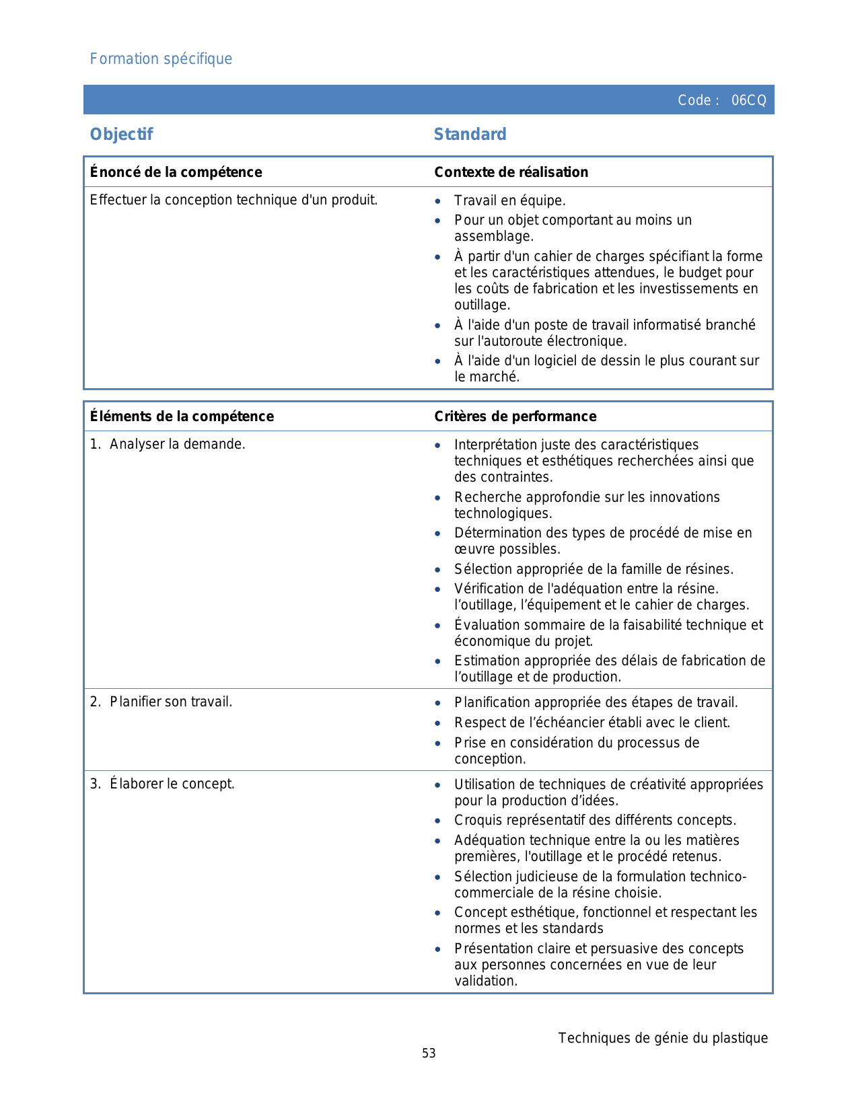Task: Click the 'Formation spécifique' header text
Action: [x=161, y=59]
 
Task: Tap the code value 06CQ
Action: [x=748, y=100]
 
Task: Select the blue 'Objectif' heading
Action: [x=121, y=135]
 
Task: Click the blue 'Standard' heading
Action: [x=470, y=135]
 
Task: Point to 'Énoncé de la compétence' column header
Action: [x=176, y=172]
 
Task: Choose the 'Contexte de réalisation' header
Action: [x=511, y=172]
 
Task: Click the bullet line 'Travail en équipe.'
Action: [x=509, y=200]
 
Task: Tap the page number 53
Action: [x=429, y=1053]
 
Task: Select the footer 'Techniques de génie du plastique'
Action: [x=663, y=1038]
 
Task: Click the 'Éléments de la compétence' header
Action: [x=182, y=416]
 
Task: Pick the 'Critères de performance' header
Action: [x=515, y=416]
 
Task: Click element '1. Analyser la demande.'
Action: [x=168, y=444]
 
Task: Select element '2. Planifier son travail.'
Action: [x=161, y=702]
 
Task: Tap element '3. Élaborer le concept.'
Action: [x=162, y=784]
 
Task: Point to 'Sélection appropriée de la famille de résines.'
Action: [x=594, y=569]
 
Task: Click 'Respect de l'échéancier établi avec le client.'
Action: [x=592, y=723]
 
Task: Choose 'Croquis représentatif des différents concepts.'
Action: [x=595, y=820]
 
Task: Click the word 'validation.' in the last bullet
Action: [x=486, y=981]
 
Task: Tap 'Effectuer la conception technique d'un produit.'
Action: [x=234, y=200]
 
